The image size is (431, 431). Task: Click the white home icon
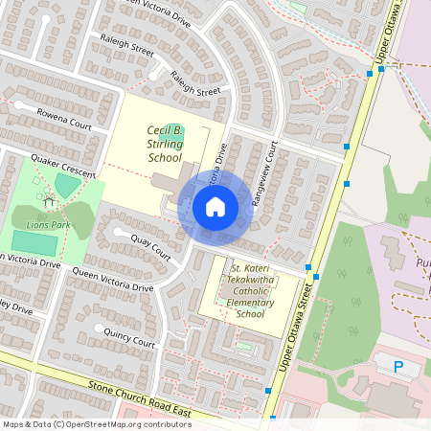click(215, 206)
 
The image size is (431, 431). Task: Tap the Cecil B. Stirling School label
click(165, 144)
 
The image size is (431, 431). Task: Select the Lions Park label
click(49, 224)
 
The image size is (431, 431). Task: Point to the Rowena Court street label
click(64, 125)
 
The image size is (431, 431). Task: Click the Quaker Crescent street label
click(63, 165)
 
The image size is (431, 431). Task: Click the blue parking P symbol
click(398, 366)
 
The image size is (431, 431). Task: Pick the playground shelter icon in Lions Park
click(47, 198)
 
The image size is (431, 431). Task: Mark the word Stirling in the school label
click(165, 144)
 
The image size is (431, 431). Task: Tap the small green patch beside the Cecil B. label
click(181, 130)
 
